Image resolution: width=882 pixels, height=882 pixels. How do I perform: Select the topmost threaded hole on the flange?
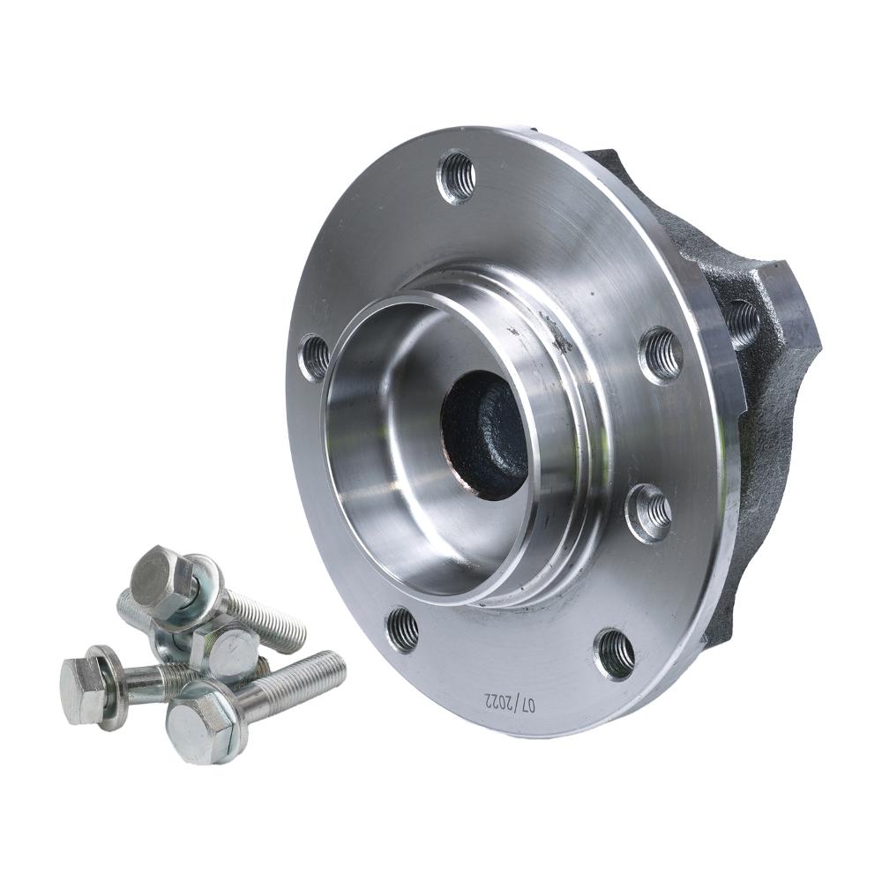click(456, 176)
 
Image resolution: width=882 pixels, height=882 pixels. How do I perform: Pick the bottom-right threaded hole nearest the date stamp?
click(616, 654)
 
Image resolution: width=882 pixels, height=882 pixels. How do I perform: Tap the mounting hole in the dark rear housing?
click(744, 322)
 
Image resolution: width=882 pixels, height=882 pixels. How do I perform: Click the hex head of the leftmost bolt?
click(83, 691)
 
